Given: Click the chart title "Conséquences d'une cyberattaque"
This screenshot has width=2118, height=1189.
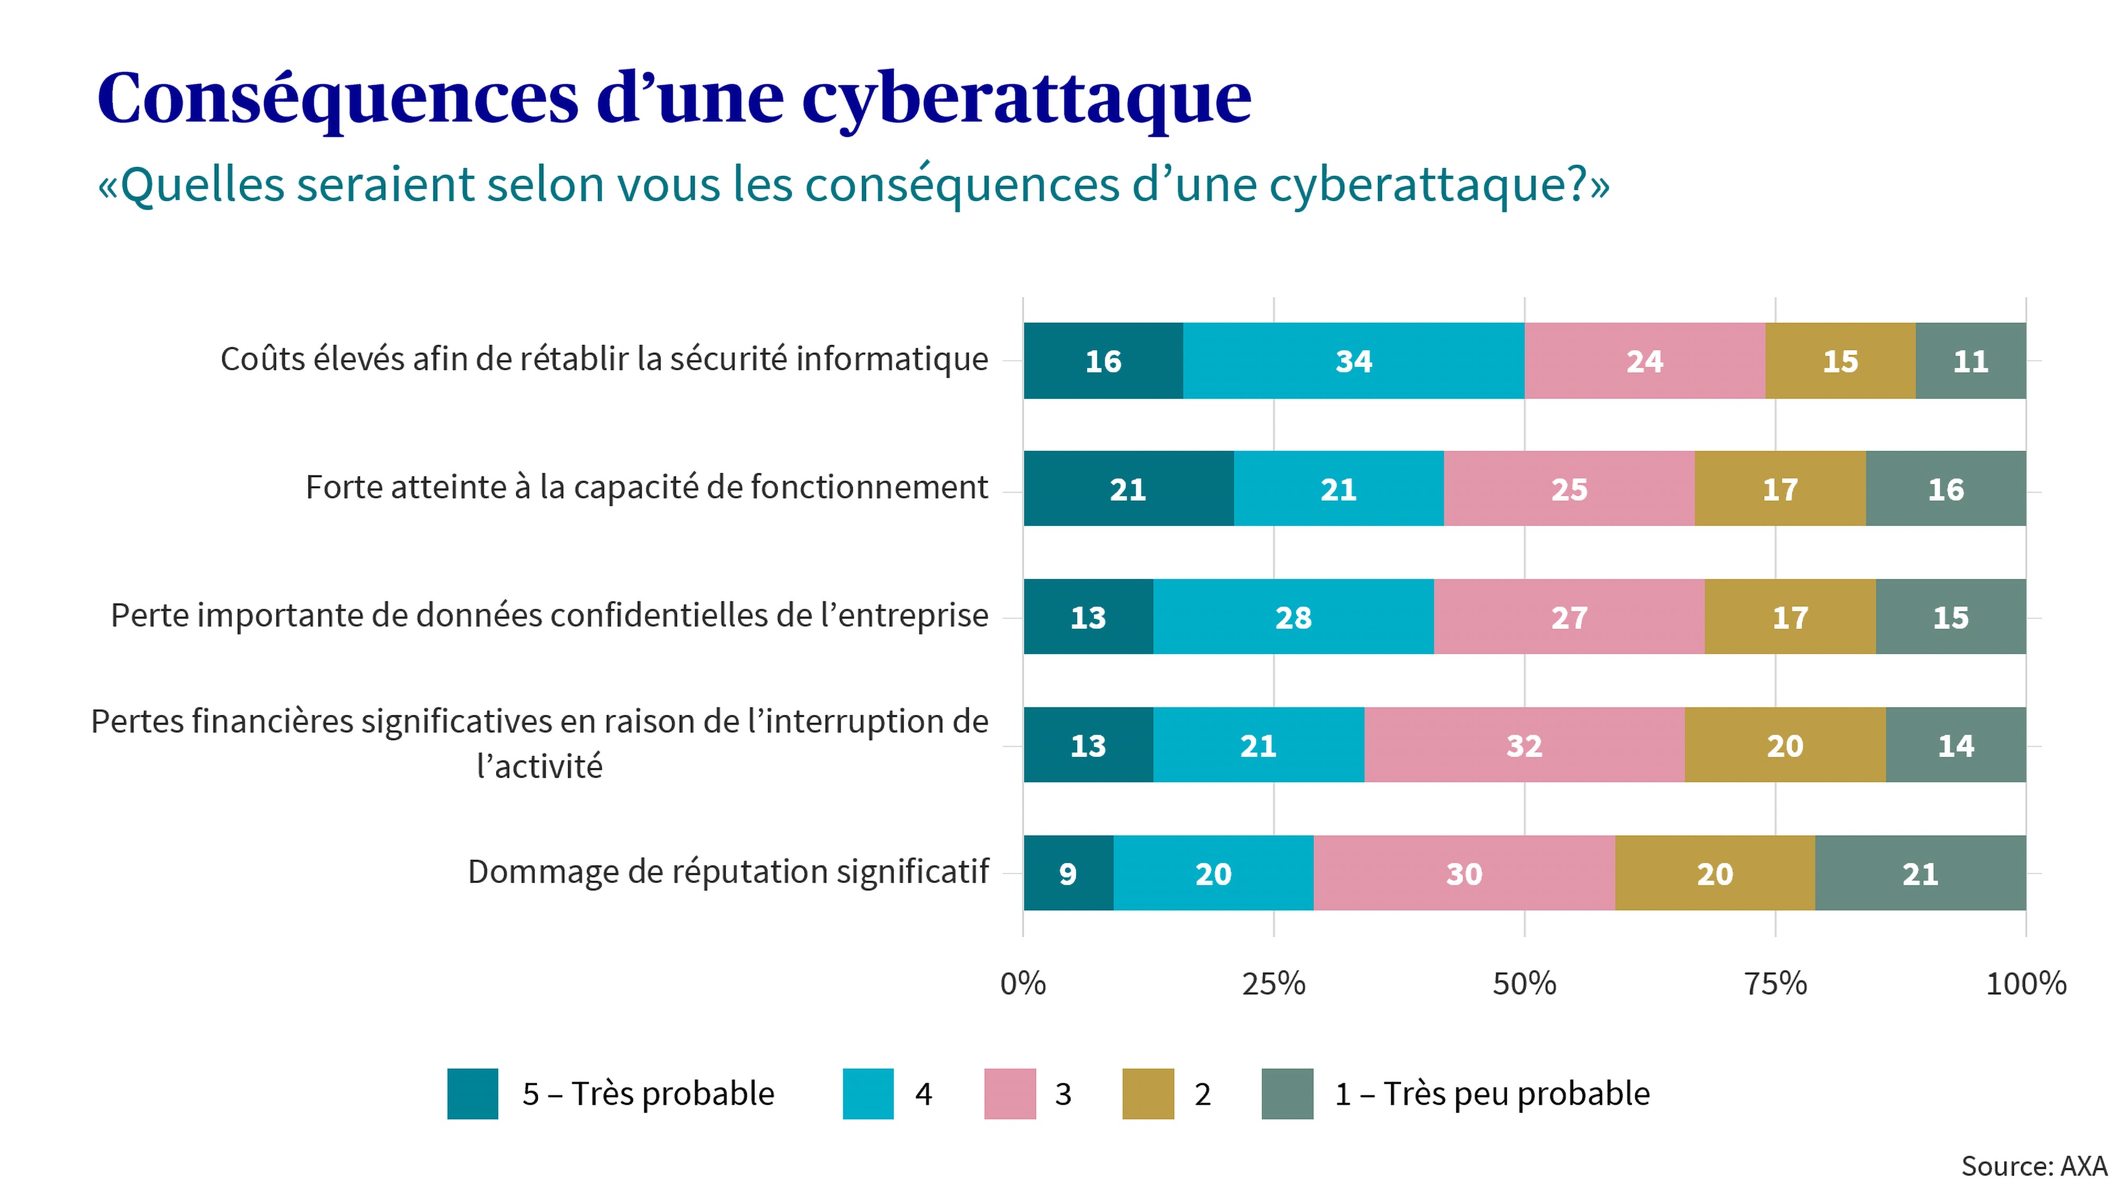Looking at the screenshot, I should click(x=674, y=99).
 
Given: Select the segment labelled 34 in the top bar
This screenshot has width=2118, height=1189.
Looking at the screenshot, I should click(x=1353, y=361).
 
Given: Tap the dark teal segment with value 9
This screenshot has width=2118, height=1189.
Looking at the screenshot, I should click(x=1068, y=873).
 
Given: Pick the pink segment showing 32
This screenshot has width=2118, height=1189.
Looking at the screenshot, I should click(x=1523, y=745).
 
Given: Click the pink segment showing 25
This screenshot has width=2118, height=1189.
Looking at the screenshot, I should click(x=1569, y=489).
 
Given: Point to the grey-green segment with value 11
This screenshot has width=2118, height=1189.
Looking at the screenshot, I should click(x=1970, y=361).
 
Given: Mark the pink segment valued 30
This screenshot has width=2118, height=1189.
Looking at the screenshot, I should click(x=1464, y=873).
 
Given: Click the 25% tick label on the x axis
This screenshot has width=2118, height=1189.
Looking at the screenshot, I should click(x=1273, y=984).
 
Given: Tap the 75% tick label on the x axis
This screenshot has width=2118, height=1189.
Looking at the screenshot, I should click(x=1775, y=984).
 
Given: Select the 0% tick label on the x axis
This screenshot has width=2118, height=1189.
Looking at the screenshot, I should click(x=1023, y=984).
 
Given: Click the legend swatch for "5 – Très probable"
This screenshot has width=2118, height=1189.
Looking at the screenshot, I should click(x=473, y=1094).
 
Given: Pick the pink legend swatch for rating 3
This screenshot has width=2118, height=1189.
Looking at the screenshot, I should click(x=1010, y=1094).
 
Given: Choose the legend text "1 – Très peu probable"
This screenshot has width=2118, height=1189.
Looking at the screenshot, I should click(x=1492, y=1094).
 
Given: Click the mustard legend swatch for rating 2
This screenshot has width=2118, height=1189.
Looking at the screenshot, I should click(x=1148, y=1094).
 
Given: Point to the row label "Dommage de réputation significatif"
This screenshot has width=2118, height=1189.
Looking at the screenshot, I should click(x=728, y=872).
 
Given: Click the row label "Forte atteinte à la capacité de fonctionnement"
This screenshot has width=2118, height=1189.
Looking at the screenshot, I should click(x=646, y=488).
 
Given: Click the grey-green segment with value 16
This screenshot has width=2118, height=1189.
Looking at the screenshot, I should click(x=1945, y=489).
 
